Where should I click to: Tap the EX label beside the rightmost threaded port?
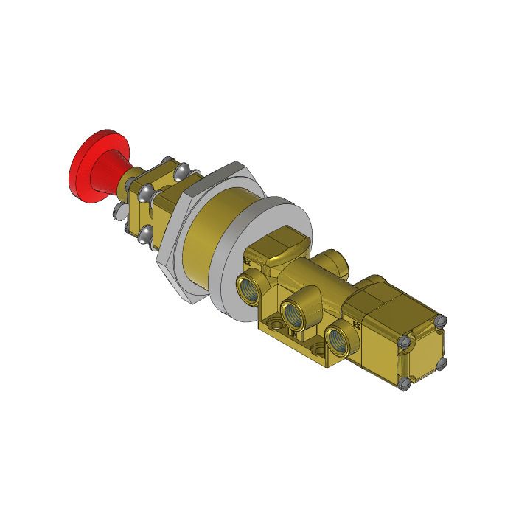click(x=357, y=322)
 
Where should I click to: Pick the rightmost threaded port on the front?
click(x=338, y=338)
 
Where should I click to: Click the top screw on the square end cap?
click(x=442, y=321)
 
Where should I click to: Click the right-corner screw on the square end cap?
click(x=441, y=362)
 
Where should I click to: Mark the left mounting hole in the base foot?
click(x=273, y=324)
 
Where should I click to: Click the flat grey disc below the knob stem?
click(x=119, y=214)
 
